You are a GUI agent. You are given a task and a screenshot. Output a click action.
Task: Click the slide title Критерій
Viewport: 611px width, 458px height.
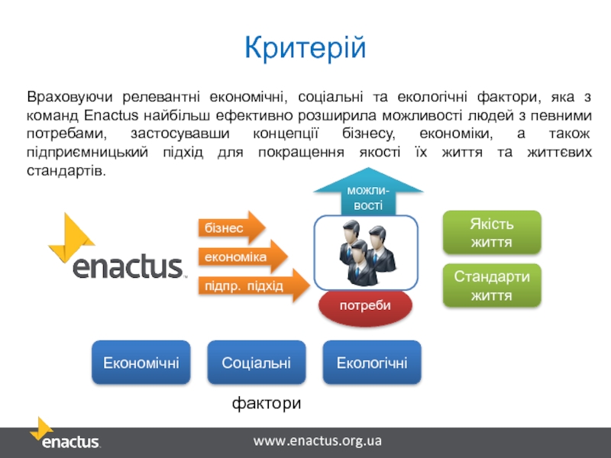pos(305,48)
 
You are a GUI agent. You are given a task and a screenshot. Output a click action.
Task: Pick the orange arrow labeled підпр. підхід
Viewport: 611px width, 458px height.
pos(253,286)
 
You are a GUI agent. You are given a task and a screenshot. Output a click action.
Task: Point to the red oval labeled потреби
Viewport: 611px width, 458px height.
pos(365,305)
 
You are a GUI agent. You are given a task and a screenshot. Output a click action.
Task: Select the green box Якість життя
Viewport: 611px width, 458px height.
pos(492,233)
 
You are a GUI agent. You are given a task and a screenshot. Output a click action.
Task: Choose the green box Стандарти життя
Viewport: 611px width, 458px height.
pos(492,285)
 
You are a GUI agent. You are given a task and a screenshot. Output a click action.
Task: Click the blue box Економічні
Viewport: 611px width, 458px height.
pos(141,362)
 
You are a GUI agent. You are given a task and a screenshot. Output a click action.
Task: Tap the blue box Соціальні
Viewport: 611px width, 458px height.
pos(256,362)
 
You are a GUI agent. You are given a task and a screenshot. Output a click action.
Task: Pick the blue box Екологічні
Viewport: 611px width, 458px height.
pos(372,362)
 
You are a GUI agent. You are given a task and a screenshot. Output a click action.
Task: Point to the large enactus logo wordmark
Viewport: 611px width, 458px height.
pos(128,266)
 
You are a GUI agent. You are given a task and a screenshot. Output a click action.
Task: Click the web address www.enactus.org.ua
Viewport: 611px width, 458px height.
pos(317,441)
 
